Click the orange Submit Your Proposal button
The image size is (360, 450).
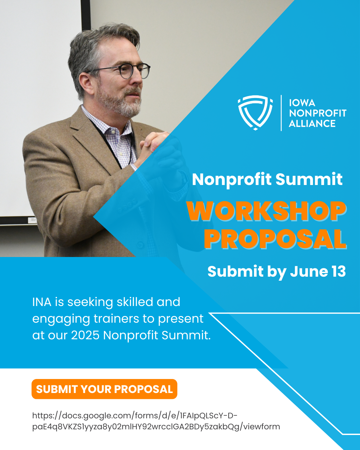(x=104, y=389)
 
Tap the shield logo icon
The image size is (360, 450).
(x=255, y=113)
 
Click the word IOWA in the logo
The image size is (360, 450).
(x=302, y=103)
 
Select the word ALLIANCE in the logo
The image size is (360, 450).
(x=312, y=123)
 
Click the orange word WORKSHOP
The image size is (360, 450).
(x=267, y=211)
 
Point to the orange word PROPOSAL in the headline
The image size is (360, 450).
(x=275, y=239)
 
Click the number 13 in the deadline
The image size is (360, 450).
(x=339, y=271)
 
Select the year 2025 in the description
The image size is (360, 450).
(x=85, y=335)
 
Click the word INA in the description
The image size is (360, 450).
(x=42, y=302)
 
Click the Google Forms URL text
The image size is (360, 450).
(x=156, y=421)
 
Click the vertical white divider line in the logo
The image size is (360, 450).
(x=281, y=113)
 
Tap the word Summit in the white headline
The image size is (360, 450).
(x=309, y=179)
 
